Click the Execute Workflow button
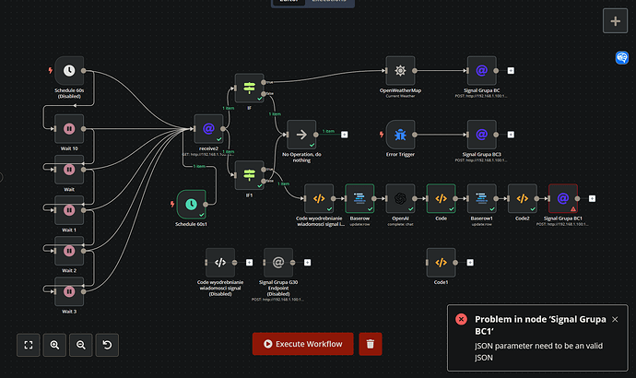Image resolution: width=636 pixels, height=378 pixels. click(x=303, y=344)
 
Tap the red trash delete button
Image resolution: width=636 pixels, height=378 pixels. click(x=370, y=344)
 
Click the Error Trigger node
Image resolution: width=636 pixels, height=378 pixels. click(x=400, y=135)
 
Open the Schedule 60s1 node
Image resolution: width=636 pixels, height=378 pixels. click(x=191, y=203)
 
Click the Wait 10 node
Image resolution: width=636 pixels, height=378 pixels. click(x=68, y=128)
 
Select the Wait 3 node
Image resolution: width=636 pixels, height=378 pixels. click(x=68, y=292)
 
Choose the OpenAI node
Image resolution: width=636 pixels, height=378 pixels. click(x=400, y=198)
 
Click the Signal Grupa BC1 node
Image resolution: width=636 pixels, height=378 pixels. click(x=562, y=198)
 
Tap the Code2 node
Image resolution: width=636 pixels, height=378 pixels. click(x=522, y=198)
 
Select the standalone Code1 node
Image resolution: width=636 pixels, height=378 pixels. click(x=441, y=262)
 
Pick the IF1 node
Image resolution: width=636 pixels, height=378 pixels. click(x=249, y=173)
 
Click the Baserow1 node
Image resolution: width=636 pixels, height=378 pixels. click(x=481, y=198)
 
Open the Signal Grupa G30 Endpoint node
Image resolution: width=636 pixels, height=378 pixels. click(x=279, y=262)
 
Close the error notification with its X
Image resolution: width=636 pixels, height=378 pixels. click(x=615, y=319)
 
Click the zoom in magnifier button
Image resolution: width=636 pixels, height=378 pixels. click(x=54, y=345)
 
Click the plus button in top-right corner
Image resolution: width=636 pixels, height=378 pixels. click(x=616, y=20)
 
